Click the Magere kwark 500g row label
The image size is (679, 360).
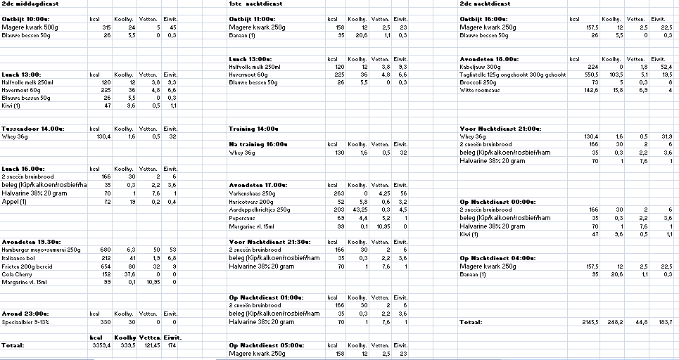30,27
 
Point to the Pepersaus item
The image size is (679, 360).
243,218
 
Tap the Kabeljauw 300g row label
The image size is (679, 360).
481,67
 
